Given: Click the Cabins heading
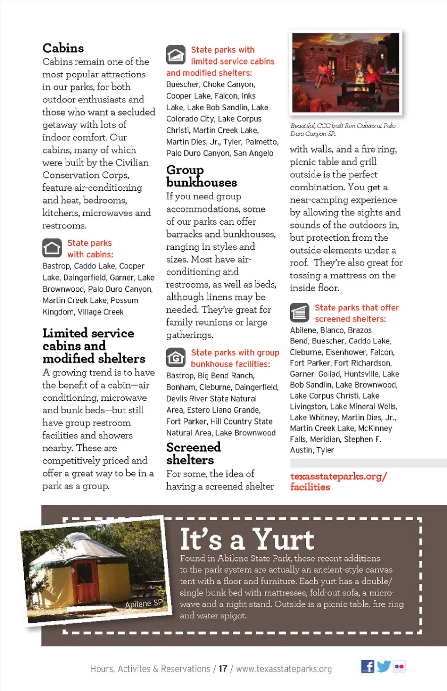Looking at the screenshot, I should (x=63, y=48).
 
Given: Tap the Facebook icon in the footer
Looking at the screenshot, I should (x=367, y=666).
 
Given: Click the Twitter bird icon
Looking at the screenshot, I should (x=384, y=666).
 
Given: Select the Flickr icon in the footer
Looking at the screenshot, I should (x=399, y=666).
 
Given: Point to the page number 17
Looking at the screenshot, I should (x=223, y=669).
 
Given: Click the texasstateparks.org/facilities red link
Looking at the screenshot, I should (x=338, y=482).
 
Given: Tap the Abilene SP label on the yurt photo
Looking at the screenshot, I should (x=144, y=604).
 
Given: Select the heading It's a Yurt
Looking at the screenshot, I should (x=247, y=539).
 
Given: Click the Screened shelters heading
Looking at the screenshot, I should (x=193, y=453).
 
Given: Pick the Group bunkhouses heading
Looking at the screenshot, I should (x=201, y=176).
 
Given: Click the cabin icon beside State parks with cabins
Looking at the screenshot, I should (x=52, y=248).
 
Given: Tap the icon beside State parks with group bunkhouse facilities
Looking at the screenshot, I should (x=176, y=358).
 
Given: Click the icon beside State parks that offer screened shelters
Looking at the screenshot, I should (x=299, y=313).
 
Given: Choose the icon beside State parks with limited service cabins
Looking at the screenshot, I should (x=176, y=55).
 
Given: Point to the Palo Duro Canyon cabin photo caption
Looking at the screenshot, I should (x=343, y=129).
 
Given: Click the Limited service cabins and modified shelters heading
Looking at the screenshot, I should (x=93, y=346).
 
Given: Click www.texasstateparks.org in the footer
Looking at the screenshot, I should (x=284, y=669).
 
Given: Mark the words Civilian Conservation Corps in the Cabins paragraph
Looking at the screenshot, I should (x=95, y=169).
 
